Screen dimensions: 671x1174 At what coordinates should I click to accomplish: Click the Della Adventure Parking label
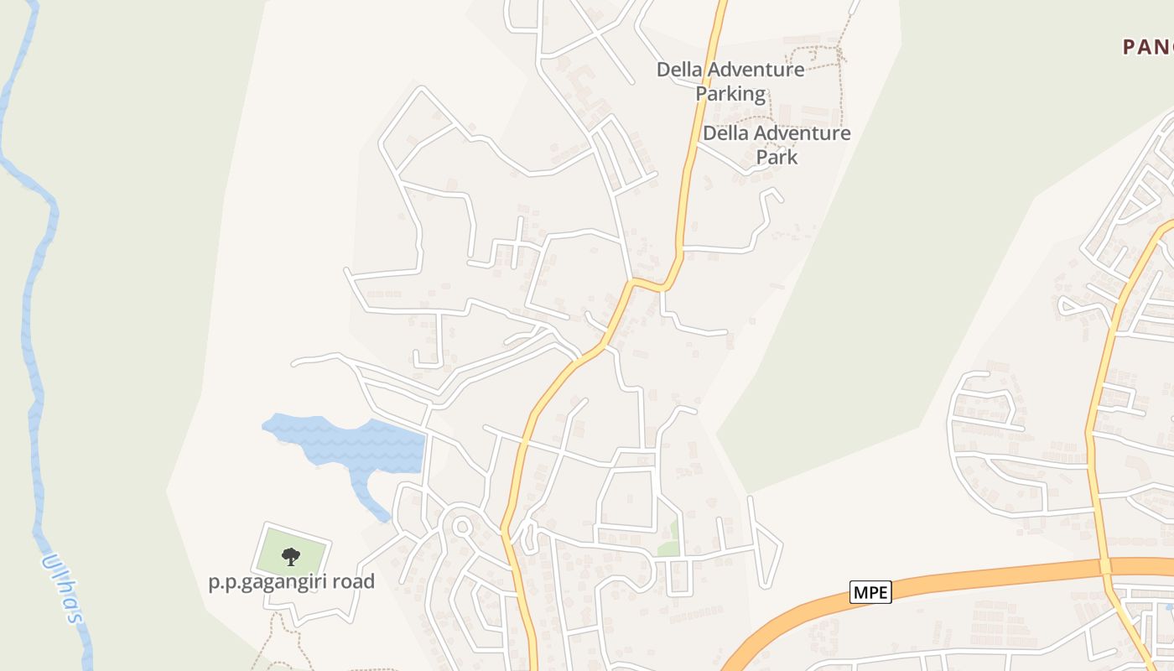point(730,81)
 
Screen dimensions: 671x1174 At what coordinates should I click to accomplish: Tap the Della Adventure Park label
point(777,144)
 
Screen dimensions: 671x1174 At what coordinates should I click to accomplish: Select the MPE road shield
point(870,592)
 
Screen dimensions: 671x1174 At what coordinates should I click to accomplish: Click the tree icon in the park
point(291,555)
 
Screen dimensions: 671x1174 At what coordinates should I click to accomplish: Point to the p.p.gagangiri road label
point(291,581)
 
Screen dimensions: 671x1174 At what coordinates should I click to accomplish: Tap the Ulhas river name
point(64,588)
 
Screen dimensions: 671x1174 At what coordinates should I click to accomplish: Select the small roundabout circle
point(461,527)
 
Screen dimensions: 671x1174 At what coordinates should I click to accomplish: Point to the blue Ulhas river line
point(34,335)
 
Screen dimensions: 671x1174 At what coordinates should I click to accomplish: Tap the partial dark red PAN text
point(1148,47)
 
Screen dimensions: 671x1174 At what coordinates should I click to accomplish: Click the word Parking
point(730,94)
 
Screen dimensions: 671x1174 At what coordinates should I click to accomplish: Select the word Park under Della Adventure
point(777,157)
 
